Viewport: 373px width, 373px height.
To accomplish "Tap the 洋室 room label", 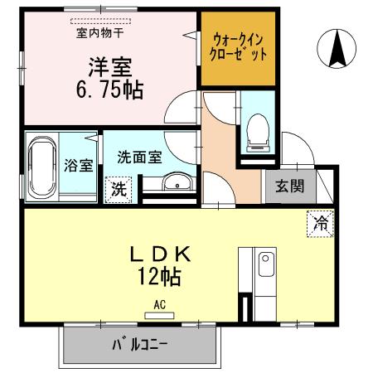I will click(x=109, y=65).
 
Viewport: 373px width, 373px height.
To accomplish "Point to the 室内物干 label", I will click(x=99, y=34).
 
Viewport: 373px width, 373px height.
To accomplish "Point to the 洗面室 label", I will click(x=138, y=157).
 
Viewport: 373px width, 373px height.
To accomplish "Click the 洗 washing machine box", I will click(x=120, y=187).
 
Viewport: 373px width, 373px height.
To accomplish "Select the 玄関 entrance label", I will click(x=284, y=186).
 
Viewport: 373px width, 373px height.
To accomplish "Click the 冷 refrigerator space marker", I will click(x=320, y=223).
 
